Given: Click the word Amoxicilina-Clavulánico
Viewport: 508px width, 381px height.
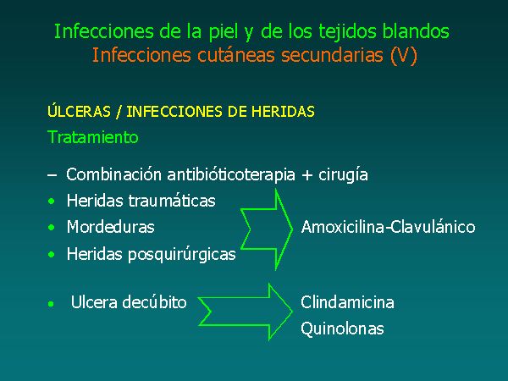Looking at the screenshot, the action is [x=388, y=227].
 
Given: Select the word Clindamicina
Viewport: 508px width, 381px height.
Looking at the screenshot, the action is [x=347, y=302].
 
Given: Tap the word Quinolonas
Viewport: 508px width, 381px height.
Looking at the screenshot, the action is [x=342, y=329].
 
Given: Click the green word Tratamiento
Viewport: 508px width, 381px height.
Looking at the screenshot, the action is [x=93, y=136].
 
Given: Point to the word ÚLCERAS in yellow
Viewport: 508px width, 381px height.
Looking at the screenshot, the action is [x=79, y=111].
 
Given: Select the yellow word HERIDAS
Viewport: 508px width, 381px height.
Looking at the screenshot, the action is [x=283, y=112].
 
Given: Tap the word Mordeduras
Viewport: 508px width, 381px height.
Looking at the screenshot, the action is [x=110, y=227].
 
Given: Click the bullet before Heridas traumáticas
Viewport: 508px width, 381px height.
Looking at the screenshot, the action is [x=51, y=202].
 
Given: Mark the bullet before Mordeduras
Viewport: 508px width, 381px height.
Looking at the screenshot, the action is [x=51, y=228].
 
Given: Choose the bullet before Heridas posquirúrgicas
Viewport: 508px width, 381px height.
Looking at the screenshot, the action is [x=51, y=255].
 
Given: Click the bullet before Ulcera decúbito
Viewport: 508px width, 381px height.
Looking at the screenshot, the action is [x=51, y=304].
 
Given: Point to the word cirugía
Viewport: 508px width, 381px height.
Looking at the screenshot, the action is [x=343, y=175].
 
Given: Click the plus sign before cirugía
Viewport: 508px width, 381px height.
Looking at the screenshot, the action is [x=306, y=175].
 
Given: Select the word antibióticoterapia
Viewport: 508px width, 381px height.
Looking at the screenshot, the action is [x=231, y=175].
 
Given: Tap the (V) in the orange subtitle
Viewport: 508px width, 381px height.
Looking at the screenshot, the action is [x=403, y=55].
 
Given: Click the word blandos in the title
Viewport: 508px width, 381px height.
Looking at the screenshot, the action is [x=416, y=31].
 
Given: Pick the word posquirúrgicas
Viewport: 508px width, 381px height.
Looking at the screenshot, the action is [x=182, y=255].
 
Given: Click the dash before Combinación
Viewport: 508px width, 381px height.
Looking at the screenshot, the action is [x=52, y=175].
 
